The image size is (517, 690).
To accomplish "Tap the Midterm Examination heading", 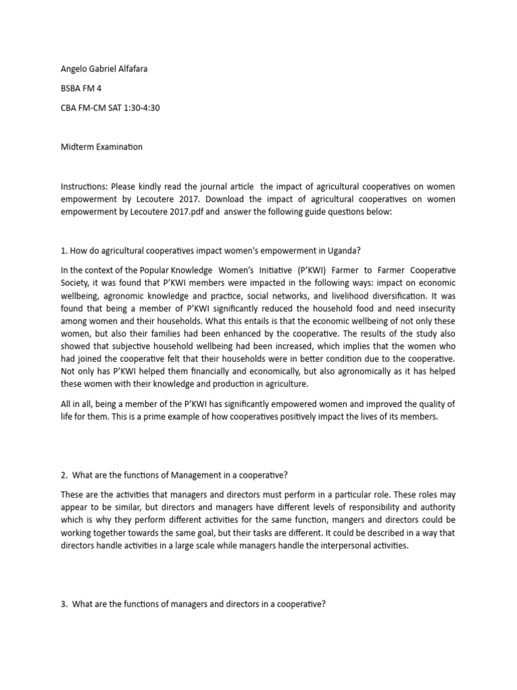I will point(101,147).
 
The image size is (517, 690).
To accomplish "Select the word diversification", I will point(419,295).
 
